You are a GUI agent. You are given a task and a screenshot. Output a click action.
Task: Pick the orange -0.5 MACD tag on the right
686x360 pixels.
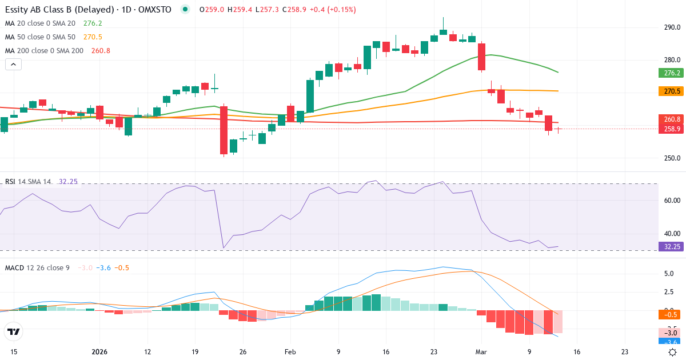668,314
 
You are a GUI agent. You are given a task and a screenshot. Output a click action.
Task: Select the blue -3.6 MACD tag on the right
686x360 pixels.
668,342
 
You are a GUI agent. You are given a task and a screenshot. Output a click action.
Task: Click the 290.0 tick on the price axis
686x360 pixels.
672,27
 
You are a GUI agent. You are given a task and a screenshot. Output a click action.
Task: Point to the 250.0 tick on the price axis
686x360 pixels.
672,158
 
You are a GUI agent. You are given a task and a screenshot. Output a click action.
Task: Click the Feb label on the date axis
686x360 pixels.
290,352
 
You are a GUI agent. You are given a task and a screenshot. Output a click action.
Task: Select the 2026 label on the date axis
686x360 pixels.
99,352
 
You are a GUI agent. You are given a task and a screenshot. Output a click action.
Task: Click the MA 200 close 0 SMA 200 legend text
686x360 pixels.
44,51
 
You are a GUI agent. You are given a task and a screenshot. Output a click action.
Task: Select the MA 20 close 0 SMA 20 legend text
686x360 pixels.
40,23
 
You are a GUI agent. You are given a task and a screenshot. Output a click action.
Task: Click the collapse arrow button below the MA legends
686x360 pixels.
13,65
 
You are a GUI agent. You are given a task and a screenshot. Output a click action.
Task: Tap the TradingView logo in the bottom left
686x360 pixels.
13,331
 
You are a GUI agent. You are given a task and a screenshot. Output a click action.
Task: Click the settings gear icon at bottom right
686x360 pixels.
673,352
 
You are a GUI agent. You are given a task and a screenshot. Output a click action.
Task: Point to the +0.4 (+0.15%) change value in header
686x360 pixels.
333,10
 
